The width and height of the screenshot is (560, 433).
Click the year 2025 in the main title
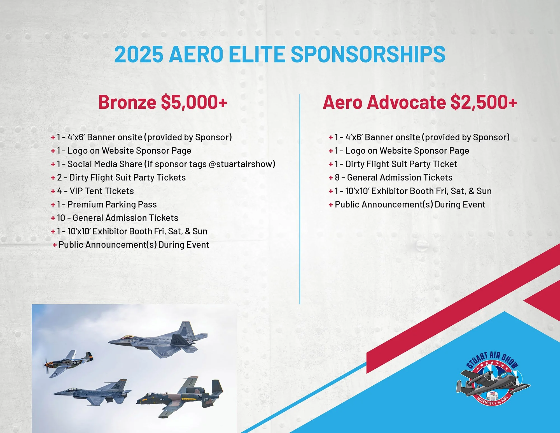(x=139, y=54)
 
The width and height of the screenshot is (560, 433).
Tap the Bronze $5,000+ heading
(x=162, y=102)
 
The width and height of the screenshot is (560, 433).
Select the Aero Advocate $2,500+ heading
(x=420, y=102)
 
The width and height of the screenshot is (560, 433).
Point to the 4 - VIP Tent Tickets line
(x=95, y=191)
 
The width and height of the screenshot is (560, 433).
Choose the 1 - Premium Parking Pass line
(x=106, y=205)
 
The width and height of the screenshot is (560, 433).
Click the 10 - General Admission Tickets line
(x=118, y=218)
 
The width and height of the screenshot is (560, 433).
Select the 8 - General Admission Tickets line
(x=393, y=178)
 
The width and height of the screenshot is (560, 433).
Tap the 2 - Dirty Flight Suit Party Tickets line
(x=121, y=178)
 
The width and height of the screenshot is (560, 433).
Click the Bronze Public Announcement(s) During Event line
(x=134, y=245)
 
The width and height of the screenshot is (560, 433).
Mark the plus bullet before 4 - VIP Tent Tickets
(x=53, y=191)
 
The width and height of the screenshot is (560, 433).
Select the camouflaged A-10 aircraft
(x=181, y=397)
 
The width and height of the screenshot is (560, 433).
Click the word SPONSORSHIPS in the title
(x=368, y=54)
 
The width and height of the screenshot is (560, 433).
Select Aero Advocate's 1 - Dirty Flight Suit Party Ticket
(x=396, y=164)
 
